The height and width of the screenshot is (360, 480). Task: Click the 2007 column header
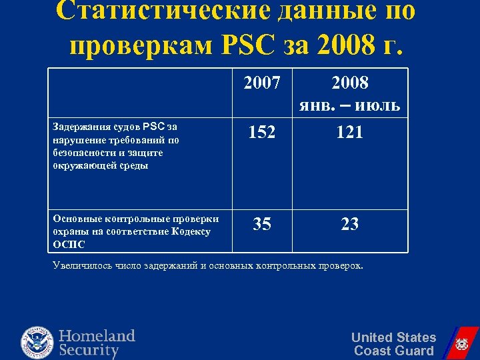pyautogui.click(x=262, y=83)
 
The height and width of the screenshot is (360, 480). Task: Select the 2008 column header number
pyautogui.click(x=350, y=83)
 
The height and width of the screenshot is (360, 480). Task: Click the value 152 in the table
pyautogui.click(x=262, y=132)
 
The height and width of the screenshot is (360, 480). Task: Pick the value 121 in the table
pyautogui.click(x=350, y=132)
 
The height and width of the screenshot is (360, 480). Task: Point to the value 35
pyautogui.click(x=262, y=224)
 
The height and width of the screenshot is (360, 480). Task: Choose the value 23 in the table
pyautogui.click(x=350, y=224)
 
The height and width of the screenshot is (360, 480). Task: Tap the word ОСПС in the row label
pyautogui.click(x=69, y=245)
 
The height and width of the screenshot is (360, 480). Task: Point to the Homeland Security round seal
pyautogui.click(x=38, y=341)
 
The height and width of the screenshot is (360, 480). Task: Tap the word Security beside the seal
pyautogui.click(x=89, y=350)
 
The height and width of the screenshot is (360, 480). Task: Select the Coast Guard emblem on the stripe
pyautogui.click(x=460, y=345)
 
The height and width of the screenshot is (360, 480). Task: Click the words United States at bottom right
pyautogui.click(x=393, y=337)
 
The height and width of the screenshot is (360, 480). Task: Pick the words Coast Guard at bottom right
pyautogui.click(x=393, y=351)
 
